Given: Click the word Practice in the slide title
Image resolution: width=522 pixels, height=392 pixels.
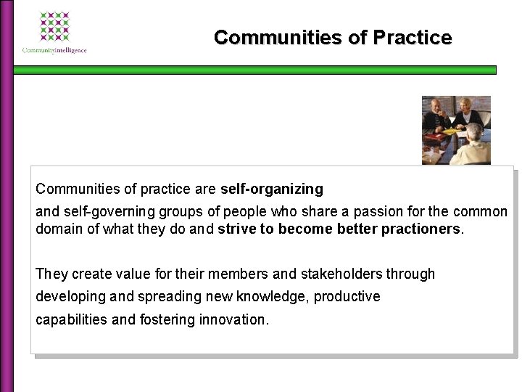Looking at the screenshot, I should [413, 37].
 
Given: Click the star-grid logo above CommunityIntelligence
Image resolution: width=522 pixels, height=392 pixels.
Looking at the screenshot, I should [54, 27].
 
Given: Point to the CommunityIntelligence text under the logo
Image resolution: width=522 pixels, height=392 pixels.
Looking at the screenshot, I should [55, 50].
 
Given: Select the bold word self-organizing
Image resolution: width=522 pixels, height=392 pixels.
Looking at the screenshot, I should [272, 189].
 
